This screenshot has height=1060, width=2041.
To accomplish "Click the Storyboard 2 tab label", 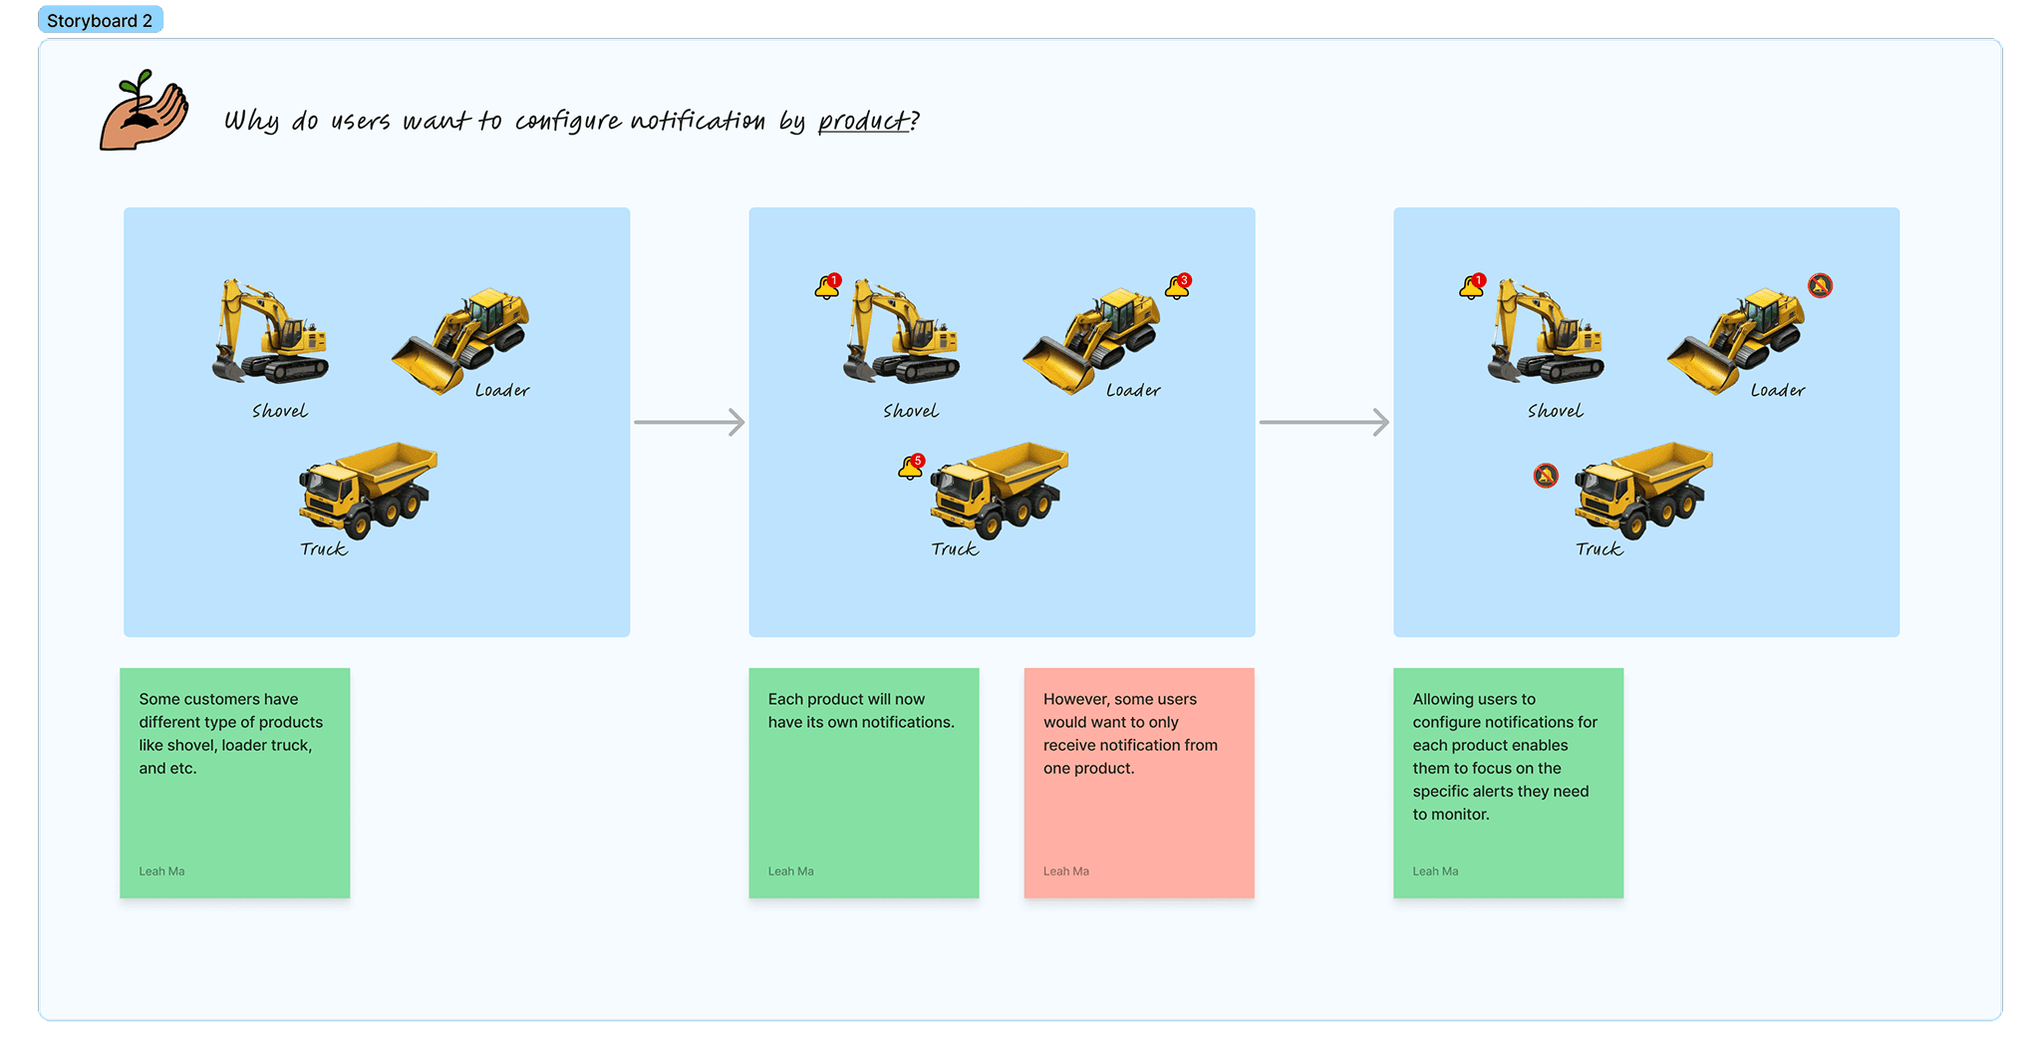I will click(x=100, y=21).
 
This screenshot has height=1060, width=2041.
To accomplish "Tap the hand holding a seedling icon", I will click(x=144, y=112).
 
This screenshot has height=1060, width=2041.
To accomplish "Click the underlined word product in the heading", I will click(x=863, y=122).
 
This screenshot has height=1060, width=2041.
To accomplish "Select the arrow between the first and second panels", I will click(x=689, y=422).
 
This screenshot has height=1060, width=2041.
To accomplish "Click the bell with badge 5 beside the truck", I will click(x=912, y=467).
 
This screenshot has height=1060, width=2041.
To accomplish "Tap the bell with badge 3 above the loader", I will click(x=1178, y=286).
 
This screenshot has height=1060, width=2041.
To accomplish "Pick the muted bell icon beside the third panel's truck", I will click(x=1546, y=476).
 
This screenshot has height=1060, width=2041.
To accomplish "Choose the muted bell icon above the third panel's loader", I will click(x=1820, y=286).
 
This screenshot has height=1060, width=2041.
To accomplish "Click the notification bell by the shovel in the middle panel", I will click(x=828, y=287).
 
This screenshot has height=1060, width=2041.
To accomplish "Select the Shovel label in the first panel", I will click(x=279, y=411).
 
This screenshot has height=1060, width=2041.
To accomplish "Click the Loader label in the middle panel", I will click(x=1133, y=391).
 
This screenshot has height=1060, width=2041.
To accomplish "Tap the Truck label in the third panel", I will click(x=1599, y=549).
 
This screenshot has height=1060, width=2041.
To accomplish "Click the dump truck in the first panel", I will click(x=368, y=489).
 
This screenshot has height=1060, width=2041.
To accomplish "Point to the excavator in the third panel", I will click(x=1545, y=333).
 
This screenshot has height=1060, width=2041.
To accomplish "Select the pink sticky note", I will click(x=1138, y=783).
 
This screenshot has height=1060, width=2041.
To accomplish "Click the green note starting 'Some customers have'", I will click(x=234, y=783).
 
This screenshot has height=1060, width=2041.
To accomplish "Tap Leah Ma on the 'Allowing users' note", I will click(x=1435, y=872).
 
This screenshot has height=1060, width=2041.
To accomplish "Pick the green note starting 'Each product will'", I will click(x=863, y=783).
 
